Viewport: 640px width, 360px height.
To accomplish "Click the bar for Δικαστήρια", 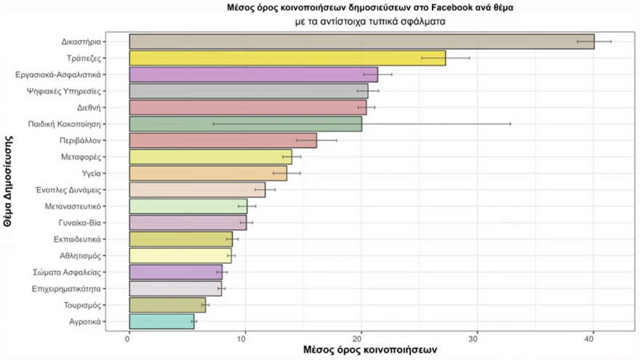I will [x=361, y=41].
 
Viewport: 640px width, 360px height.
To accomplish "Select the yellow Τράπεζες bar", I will [x=287, y=58].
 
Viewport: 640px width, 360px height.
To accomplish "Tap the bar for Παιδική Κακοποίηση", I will [x=245, y=124].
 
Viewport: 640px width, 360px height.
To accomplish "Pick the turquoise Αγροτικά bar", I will [x=161, y=321].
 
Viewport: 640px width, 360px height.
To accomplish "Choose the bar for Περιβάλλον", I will [x=223, y=140].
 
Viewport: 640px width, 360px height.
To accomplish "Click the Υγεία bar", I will [x=207, y=173].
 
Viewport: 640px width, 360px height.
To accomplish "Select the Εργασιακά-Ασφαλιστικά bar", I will [x=253, y=74].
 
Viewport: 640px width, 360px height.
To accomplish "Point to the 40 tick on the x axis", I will [x=593, y=337].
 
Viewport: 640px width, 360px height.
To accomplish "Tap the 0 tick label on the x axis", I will [x=129, y=337].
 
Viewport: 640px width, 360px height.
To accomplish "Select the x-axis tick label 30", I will [x=476, y=337].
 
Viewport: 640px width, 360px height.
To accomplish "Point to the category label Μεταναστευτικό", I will [x=76, y=207].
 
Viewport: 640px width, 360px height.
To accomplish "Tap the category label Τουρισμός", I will [x=83, y=305].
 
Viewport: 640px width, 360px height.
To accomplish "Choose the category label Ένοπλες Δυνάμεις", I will [x=72, y=190].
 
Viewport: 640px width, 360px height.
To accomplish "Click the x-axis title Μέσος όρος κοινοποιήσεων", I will [x=369, y=350].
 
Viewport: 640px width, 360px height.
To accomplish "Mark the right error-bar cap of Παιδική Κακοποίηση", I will [x=511, y=124].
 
